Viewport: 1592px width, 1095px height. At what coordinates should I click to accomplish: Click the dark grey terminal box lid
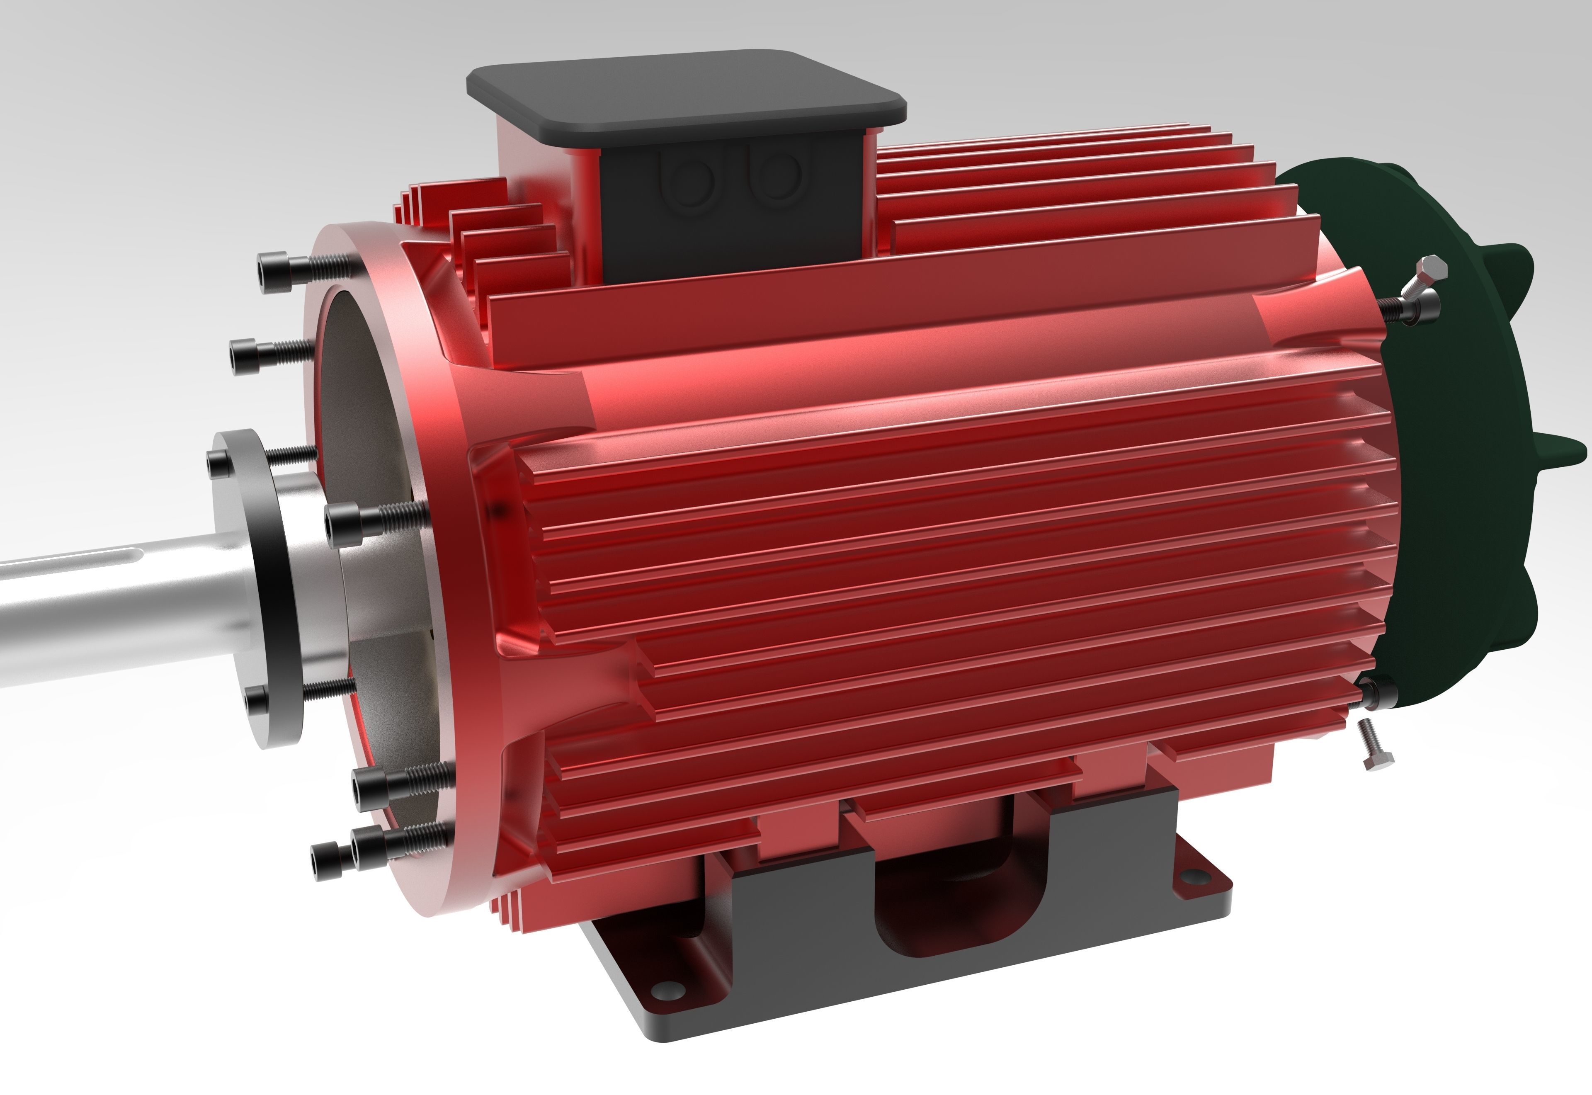coord(686,96)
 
